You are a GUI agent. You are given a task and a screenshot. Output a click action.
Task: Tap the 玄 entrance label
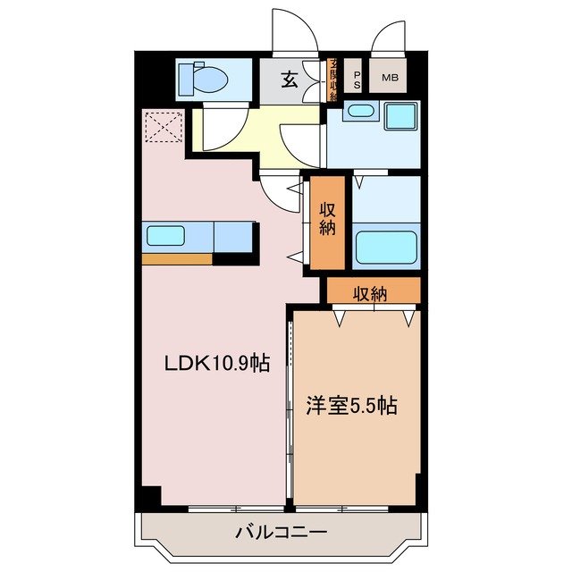tap(290, 80)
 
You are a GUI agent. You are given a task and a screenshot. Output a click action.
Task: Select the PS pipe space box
tap(356, 79)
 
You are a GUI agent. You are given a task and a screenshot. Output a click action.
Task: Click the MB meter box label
tap(391, 79)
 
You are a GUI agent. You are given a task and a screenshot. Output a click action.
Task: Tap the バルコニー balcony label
tap(281, 533)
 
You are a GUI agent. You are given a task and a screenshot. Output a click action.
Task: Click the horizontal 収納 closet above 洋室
tap(374, 292)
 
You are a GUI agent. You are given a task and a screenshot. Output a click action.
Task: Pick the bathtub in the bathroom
tap(385, 247)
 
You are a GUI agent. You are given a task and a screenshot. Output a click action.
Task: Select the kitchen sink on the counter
tap(165, 237)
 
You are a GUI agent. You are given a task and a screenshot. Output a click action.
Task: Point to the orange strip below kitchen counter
tap(176, 259)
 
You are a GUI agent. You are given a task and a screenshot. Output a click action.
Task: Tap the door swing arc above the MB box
tap(387, 41)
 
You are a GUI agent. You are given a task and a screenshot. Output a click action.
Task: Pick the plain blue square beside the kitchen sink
tap(234, 237)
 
